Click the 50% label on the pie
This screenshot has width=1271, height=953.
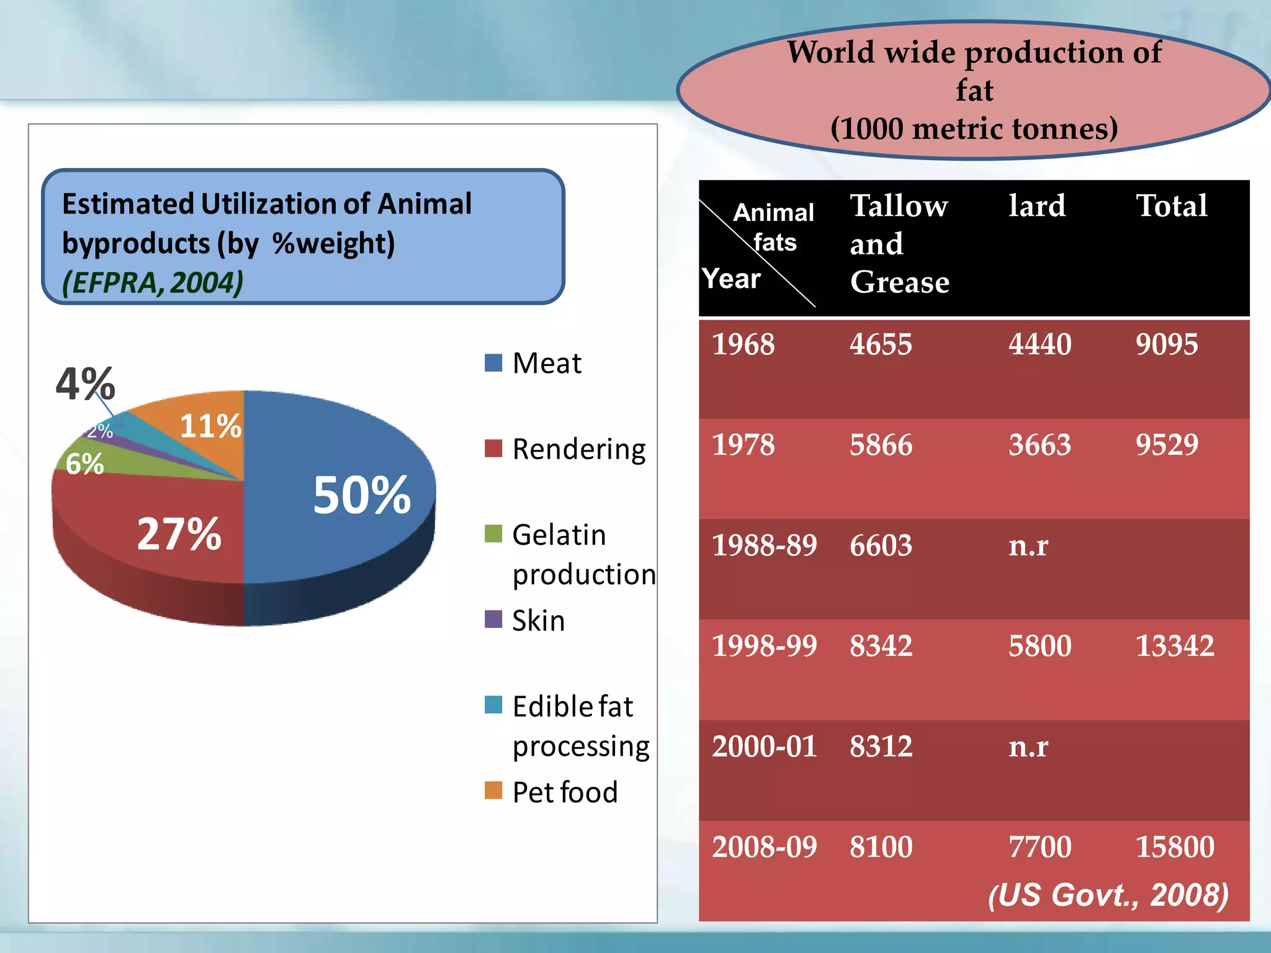362,495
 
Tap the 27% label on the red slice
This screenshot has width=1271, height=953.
179,534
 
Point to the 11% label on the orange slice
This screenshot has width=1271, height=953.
210,426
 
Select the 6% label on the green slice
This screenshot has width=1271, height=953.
85,463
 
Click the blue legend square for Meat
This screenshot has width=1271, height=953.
493,362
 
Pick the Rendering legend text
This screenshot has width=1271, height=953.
578,449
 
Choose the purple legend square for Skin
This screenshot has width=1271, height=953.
493,619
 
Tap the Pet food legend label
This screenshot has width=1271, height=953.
565,792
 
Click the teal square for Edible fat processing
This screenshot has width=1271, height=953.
493,705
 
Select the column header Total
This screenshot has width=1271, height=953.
1171,205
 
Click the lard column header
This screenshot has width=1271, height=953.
1036,205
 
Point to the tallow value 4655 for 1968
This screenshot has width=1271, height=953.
881,344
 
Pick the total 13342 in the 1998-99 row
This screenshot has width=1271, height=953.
1174,646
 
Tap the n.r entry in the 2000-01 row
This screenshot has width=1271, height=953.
1028,746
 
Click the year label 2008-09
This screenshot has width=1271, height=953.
764,847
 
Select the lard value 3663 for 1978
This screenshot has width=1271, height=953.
1040,445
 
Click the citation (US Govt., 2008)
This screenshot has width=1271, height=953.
1108,895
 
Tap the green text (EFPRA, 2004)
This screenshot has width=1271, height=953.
153,283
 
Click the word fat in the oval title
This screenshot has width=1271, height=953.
974,90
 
